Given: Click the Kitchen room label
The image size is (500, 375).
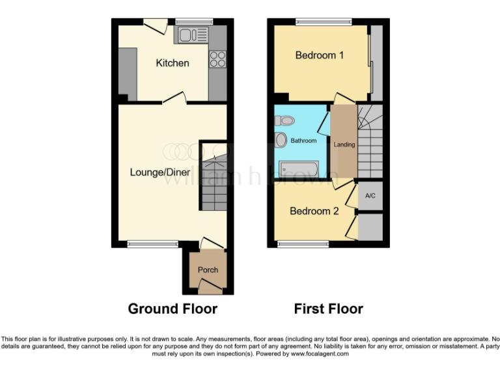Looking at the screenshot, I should [x=173, y=63].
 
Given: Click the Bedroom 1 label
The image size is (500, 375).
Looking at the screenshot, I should [x=320, y=55].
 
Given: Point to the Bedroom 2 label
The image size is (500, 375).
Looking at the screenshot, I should [x=314, y=211].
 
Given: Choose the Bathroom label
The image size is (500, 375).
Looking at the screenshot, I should [x=303, y=141].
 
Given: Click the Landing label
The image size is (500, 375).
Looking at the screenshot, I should [x=344, y=145].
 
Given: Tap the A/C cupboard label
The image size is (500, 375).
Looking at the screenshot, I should [x=370, y=195].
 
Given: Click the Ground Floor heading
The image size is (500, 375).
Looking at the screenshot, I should [x=173, y=309].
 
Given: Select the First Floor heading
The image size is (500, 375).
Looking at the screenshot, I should [x=329, y=309].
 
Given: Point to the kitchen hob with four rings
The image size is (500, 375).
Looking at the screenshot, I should [x=217, y=59].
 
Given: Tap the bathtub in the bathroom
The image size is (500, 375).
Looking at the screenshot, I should [x=299, y=169].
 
